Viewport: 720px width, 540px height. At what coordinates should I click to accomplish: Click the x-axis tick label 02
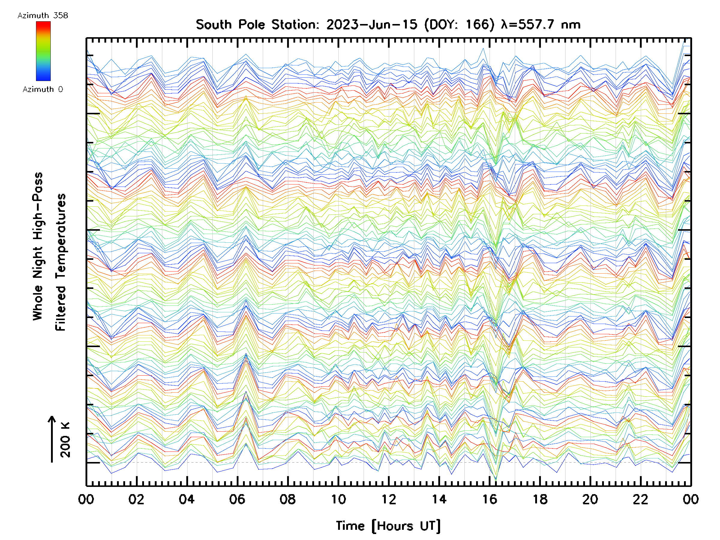pos(136,499)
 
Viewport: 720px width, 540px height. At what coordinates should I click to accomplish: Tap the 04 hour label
pos(187,499)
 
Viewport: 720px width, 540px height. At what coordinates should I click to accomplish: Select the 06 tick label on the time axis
pos(237,499)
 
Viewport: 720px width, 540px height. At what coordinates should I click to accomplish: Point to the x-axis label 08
pos(287,499)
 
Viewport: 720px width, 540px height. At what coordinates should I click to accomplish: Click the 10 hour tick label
pos(338,499)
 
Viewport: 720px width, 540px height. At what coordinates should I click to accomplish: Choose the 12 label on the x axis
pos(388,499)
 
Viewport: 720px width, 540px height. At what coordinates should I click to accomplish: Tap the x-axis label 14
pos(439,499)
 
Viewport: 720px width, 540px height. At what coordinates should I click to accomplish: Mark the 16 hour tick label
pos(490,499)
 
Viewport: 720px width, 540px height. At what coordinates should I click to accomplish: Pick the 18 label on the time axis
pos(540,499)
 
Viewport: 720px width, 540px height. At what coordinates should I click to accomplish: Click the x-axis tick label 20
pos(590,499)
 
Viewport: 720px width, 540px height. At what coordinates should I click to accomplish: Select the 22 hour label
pos(640,499)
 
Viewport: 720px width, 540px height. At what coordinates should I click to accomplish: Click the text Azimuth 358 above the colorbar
pos(43,16)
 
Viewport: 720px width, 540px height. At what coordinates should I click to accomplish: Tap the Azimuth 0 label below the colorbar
pos(43,89)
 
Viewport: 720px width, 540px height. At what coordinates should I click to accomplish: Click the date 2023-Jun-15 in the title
pos(372,25)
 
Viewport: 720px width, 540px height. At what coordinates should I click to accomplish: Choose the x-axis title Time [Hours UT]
pos(388,526)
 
